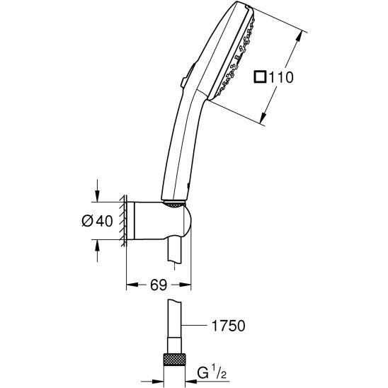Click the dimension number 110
[x=281, y=77]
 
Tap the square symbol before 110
[x=261, y=76]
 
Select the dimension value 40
[x=104, y=221]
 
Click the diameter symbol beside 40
[x=87, y=221]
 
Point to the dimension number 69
[x=159, y=285]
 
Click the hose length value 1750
[x=229, y=326]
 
